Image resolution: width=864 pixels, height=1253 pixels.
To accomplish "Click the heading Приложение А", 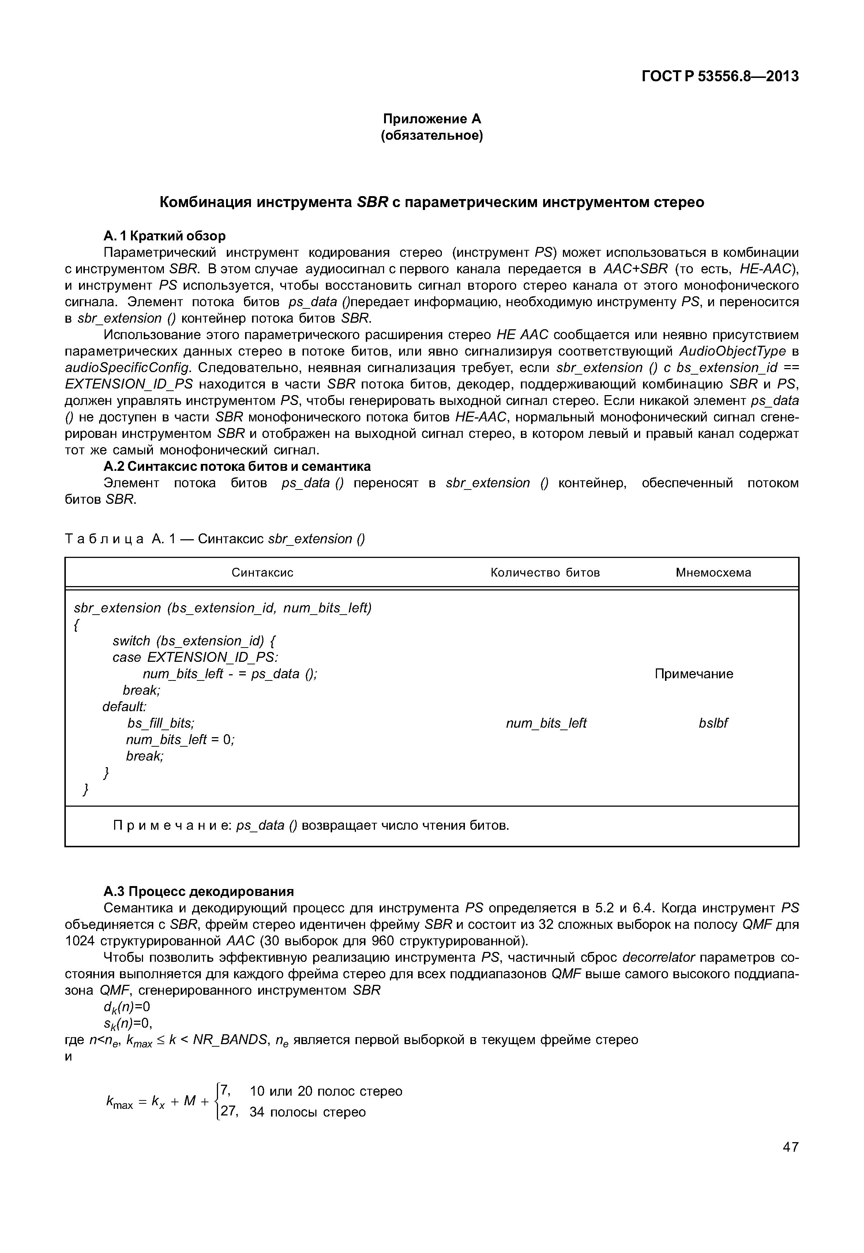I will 432,119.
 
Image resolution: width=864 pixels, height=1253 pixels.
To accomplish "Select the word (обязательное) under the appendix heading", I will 432,135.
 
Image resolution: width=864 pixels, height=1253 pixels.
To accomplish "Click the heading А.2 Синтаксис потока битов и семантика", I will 237,466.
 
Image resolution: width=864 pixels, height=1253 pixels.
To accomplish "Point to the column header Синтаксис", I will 263,572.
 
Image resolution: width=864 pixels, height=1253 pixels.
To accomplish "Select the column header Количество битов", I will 545,572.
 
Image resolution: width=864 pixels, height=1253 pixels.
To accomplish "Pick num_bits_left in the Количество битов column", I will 546,723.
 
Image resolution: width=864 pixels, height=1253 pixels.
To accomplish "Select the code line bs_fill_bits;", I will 161,723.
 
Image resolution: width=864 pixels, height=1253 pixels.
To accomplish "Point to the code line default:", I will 124,707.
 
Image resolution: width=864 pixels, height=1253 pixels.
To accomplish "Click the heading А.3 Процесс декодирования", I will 199,891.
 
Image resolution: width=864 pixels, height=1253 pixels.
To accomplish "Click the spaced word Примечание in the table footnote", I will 172,825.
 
